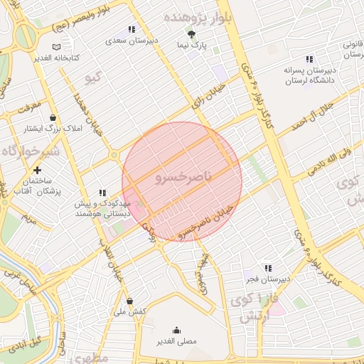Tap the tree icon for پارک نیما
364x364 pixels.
(x=191, y=33)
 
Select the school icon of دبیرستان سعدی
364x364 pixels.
(x=131, y=29)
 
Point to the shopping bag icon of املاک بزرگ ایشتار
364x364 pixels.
(x=53, y=118)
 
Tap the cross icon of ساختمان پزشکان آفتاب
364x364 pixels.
(x=37, y=171)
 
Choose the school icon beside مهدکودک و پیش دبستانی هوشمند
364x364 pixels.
(x=102, y=193)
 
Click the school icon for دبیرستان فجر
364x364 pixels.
(x=268, y=268)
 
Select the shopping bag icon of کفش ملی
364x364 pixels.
(x=129, y=301)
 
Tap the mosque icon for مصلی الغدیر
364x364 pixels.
(x=176, y=330)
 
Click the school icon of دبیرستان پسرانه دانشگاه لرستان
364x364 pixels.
(x=309, y=59)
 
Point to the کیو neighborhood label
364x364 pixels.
(x=94, y=78)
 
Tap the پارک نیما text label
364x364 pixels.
(x=193, y=45)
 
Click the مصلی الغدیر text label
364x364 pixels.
(x=176, y=342)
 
